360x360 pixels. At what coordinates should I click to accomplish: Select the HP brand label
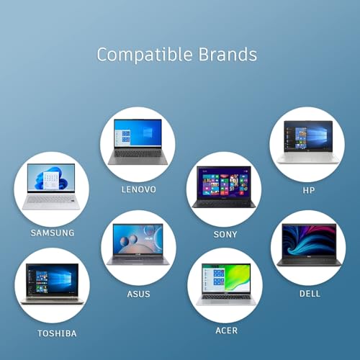tap(308, 190)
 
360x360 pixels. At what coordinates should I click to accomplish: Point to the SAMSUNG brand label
tap(52, 233)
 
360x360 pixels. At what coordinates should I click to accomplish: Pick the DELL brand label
tap(310, 294)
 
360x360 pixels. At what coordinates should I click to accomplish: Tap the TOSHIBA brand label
tap(57, 333)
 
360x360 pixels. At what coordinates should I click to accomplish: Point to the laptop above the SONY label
tap(223, 189)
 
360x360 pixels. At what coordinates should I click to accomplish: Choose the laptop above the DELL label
tap(308, 246)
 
